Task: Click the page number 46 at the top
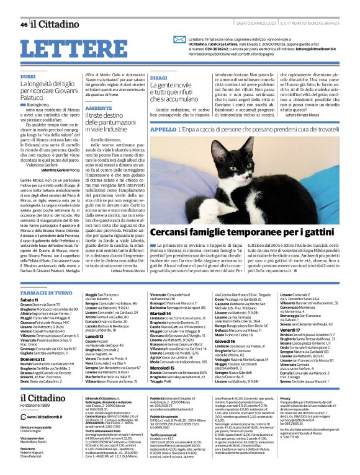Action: pyautogui.click(x=24, y=25)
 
